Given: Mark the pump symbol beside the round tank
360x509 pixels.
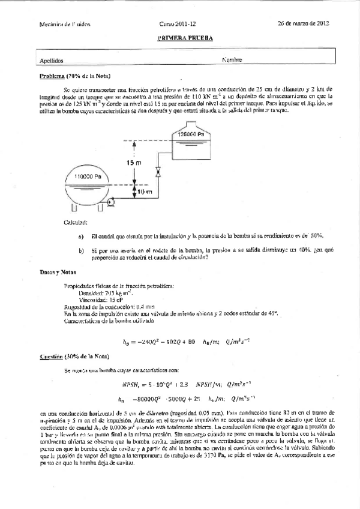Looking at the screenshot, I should click(x=112, y=204).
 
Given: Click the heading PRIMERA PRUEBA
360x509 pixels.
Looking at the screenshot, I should click(x=185, y=37).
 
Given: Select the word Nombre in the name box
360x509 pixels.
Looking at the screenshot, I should click(x=232, y=60).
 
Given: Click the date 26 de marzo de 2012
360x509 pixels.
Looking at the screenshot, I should click(x=303, y=23).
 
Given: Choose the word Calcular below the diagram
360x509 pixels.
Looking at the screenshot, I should click(x=74, y=223).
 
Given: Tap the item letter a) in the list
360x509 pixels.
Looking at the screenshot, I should click(x=81, y=236).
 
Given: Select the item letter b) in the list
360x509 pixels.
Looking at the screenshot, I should click(x=81, y=250).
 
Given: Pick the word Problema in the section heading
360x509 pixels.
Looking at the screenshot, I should click(x=52, y=77).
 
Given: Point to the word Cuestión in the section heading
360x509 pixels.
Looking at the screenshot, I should click(x=52, y=357).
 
